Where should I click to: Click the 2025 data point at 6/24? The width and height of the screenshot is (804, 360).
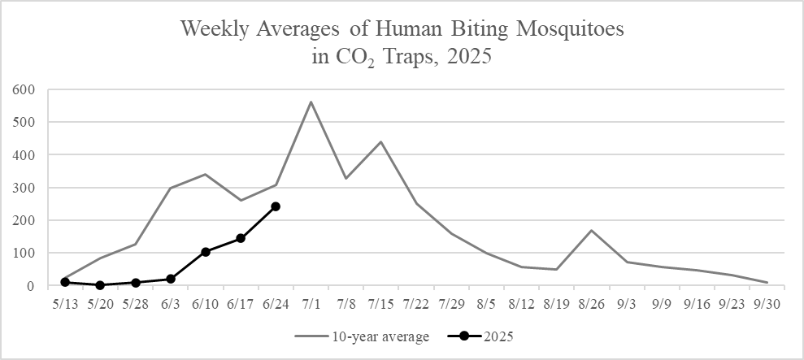pos(276,206)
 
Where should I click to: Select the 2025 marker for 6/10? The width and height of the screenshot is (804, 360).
pos(206,252)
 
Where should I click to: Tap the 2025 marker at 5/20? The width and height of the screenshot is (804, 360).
pos(100,285)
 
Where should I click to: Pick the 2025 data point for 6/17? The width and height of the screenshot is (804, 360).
pos(241,238)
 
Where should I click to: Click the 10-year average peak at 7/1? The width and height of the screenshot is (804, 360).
pos(311,102)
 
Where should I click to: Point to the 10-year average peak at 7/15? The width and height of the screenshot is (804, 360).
pos(380,141)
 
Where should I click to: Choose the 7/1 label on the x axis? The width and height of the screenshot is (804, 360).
pos(311,303)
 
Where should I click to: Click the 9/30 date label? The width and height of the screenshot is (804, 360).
pos(767,303)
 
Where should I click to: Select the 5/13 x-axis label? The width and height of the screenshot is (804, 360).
pos(65,303)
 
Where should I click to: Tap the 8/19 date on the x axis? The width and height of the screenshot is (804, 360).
pos(557,303)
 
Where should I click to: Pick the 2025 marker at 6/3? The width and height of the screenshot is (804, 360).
pos(171,279)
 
